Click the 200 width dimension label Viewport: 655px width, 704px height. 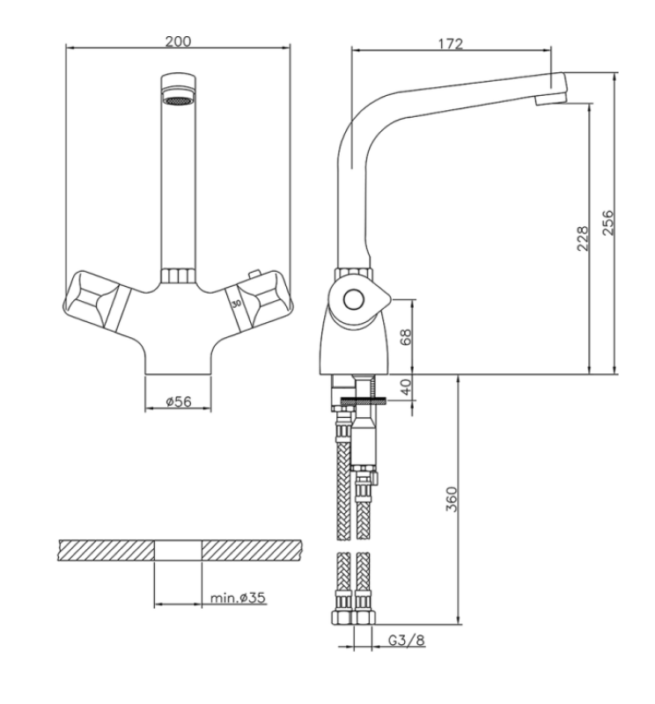pos(180,40)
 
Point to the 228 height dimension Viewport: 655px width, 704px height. pos(582,238)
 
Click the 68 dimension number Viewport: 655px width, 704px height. pos(406,336)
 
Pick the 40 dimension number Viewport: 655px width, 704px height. pos(406,386)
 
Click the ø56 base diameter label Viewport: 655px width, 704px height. pos(179,401)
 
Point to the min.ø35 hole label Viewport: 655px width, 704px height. pos(238,598)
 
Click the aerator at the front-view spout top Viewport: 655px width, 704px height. pos(179,100)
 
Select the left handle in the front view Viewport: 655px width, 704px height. pos(97,297)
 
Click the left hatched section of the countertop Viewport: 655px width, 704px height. pos(106,550)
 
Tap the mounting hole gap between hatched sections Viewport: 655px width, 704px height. pos(179,550)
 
